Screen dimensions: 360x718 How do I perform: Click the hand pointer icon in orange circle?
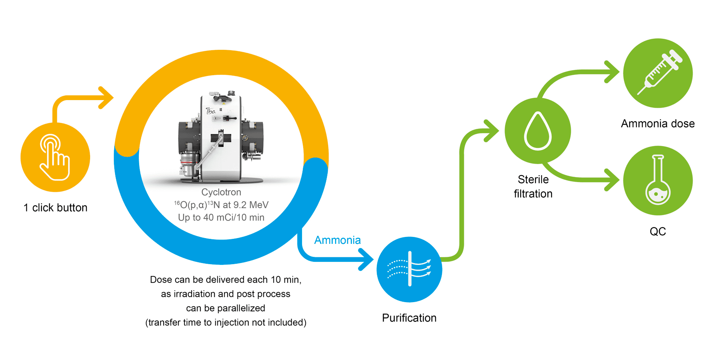(55, 157)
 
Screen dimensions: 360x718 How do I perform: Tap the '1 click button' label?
(56, 208)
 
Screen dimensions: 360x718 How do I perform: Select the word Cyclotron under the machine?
(221, 192)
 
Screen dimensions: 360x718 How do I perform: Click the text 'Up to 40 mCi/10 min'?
(221, 217)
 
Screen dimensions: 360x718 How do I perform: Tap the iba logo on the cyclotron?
(210, 111)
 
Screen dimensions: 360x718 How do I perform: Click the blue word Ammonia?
(337, 240)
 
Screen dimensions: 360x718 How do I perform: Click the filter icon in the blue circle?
(409, 269)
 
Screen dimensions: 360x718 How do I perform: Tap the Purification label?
(409, 318)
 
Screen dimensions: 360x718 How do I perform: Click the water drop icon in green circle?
(537, 131)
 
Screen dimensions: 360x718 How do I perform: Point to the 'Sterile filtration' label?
(533, 187)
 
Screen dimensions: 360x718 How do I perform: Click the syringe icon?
(658, 73)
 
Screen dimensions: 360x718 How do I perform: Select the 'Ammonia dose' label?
(657, 123)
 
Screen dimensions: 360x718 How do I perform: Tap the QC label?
(657, 231)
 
